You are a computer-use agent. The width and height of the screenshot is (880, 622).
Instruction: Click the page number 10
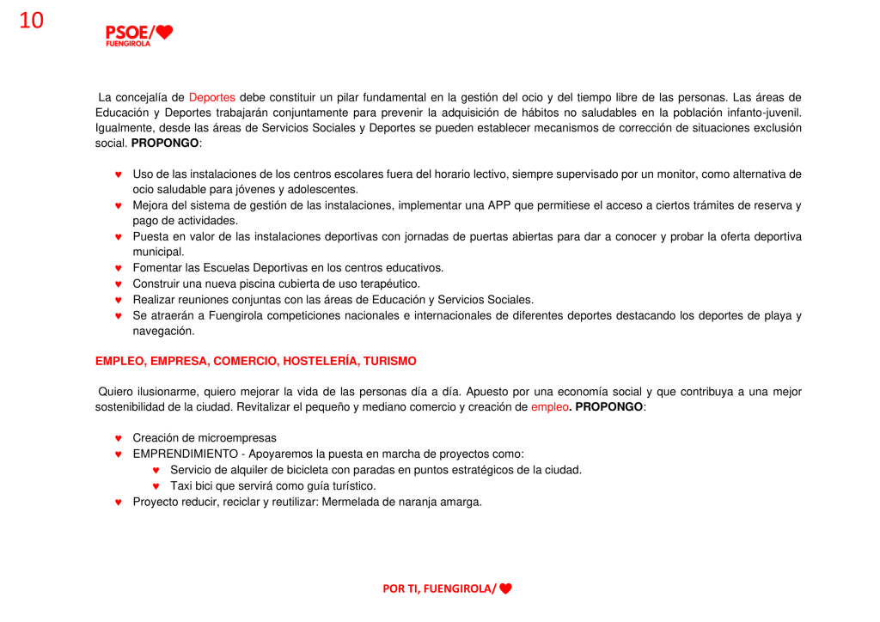[x=31, y=21]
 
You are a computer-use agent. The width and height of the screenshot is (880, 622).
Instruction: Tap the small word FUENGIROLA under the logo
[x=128, y=44]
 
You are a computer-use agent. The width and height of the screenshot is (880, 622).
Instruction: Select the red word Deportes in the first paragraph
[x=211, y=97]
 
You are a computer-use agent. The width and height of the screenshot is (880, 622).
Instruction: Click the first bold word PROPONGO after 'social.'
[x=164, y=143]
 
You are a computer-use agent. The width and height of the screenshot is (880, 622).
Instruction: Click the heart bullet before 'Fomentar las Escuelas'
[x=119, y=268]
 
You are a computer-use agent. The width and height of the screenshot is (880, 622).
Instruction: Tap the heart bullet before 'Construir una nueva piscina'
[x=119, y=284]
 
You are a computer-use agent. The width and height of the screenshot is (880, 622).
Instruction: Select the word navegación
[x=163, y=331]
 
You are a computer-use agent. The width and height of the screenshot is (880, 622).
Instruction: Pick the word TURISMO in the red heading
[x=390, y=362]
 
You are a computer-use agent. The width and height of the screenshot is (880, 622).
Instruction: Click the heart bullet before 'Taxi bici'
[x=156, y=486]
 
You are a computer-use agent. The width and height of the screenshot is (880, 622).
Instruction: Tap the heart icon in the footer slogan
[x=505, y=588]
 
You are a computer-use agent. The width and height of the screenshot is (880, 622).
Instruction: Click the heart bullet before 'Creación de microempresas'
[x=119, y=438]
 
